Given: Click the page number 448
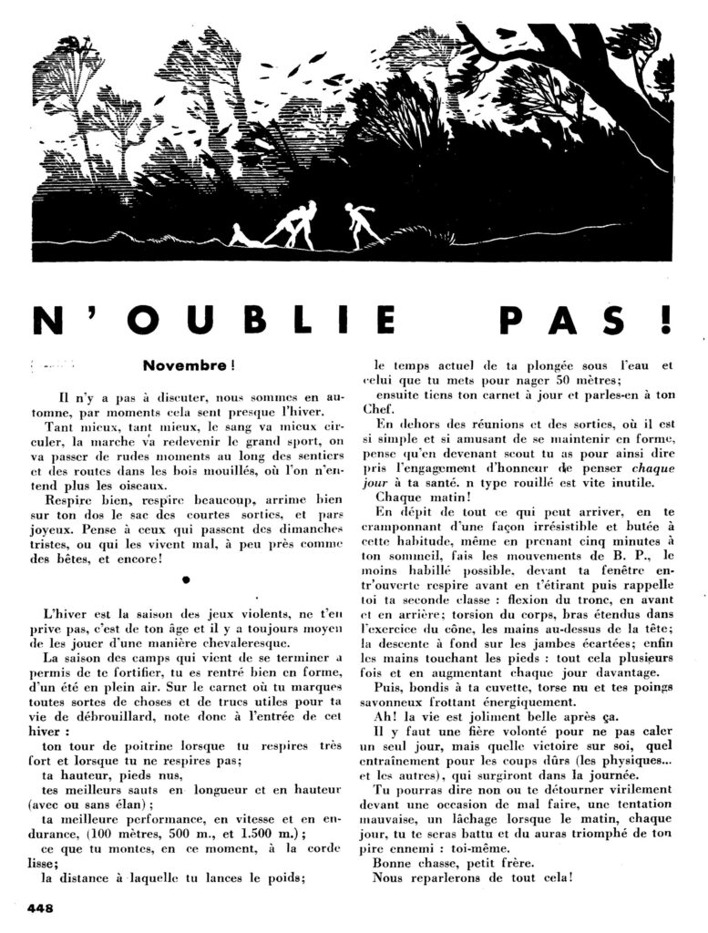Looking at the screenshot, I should [x=42, y=907].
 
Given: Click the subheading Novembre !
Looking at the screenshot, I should [x=189, y=365].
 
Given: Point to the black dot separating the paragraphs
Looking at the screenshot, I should [x=186, y=579].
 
